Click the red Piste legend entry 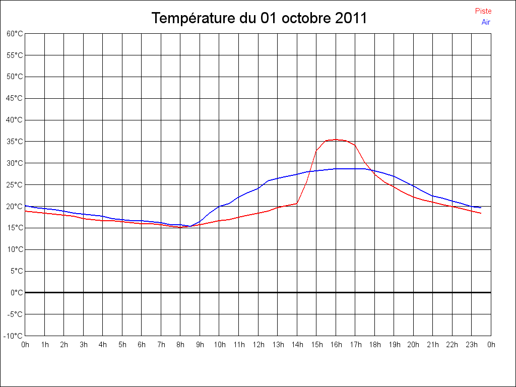[x=483, y=11]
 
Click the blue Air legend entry [x=486, y=22]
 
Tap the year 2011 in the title [x=351, y=19]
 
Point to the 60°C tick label [x=15, y=34]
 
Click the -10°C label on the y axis [x=14, y=336]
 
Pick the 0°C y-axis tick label [x=17, y=293]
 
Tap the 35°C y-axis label [x=15, y=142]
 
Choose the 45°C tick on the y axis [x=15, y=98]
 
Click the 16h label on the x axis [x=336, y=345]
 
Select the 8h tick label [x=180, y=345]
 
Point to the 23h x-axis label [x=472, y=345]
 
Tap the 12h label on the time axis [x=258, y=345]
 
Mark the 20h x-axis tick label [x=414, y=345]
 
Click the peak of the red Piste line [x=336, y=140]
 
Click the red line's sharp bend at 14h [x=297, y=203]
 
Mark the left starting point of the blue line [x=25, y=206]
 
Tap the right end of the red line [x=481, y=213]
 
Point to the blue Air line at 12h [x=259, y=188]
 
